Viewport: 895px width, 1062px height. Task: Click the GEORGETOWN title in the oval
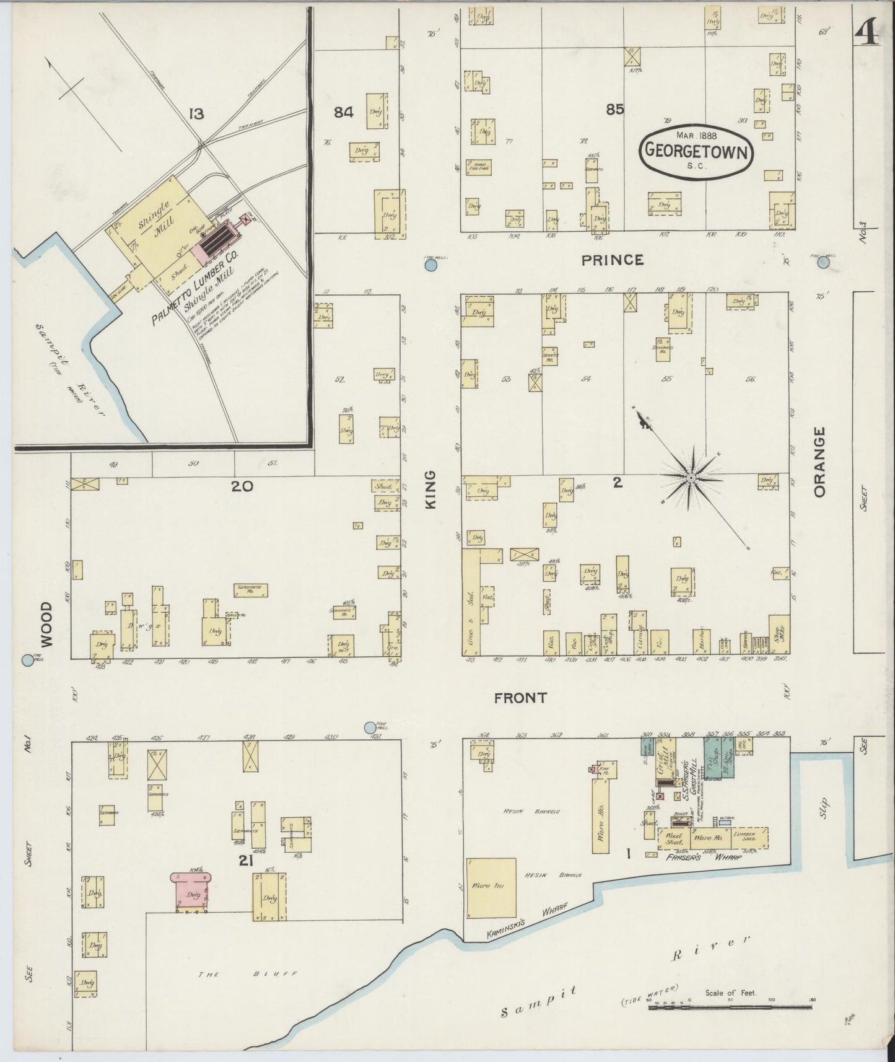coord(697,149)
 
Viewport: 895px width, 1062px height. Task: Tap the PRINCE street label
coord(612,260)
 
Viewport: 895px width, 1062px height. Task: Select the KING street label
coord(431,489)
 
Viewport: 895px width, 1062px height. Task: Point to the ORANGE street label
coord(820,462)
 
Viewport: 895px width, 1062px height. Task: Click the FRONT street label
coord(520,698)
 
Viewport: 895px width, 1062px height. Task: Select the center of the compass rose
coord(691,478)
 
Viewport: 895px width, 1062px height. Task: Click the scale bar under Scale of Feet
coord(731,1007)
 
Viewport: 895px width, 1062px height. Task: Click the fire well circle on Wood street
coord(27,660)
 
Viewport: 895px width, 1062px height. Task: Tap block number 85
coord(615,110)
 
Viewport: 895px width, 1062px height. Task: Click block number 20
coord(242,486)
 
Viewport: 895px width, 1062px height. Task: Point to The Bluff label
coord(248,975)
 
